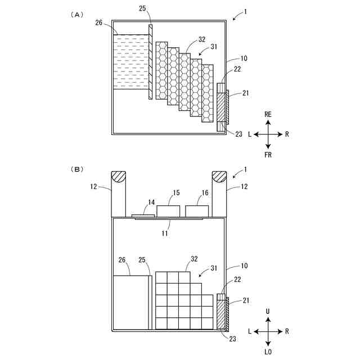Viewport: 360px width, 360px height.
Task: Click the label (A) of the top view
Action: [x=77, y=15]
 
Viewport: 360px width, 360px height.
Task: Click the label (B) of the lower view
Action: [x=77, y=168]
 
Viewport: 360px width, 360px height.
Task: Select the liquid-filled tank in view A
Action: [x=133, y=62]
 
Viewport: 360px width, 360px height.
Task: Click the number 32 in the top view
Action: [x=202, y=40]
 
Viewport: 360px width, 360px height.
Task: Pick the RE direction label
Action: [x=268, y=114]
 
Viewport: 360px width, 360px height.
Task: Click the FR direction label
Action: [x=268, y=155]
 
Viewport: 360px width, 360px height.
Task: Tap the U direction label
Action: [x=269, y=311]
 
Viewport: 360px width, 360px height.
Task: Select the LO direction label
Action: [x=268, y=352]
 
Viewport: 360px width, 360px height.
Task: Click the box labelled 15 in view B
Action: [x=168, y=211]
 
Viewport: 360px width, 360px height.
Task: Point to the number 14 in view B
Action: [x=151, y=202]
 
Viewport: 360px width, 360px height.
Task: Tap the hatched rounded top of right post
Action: [x=219, y=177]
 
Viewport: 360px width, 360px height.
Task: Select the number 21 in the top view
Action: [x=246, y=93]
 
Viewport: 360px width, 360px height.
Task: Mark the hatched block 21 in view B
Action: [x=221, y=314]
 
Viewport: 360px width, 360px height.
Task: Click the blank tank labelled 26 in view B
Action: [x=130, y=302]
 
